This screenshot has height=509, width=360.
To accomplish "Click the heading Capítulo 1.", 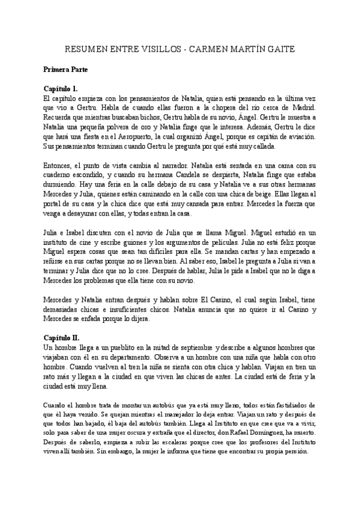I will pos(65,88).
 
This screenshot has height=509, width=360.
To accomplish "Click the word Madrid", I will pos(304,107).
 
